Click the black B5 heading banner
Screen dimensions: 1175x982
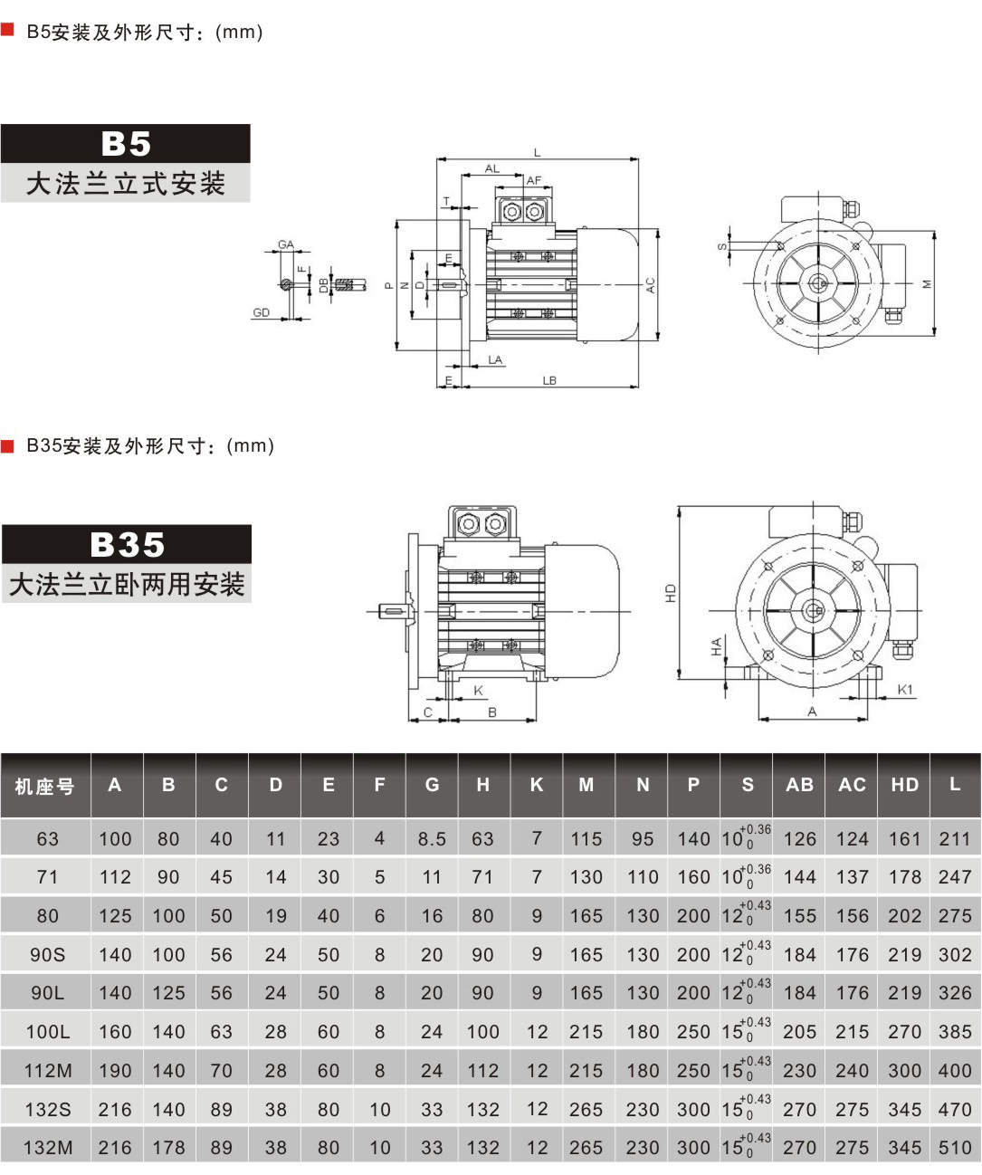125,144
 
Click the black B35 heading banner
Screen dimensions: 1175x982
127,545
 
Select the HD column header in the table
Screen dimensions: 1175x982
904,785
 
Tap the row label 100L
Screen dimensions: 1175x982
47,1032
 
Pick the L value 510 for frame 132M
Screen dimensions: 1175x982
955,1148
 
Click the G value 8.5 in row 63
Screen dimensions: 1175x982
432,839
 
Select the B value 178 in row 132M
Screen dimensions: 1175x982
168,1148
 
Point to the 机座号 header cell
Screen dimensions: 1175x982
44,786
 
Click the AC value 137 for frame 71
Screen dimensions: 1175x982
852,877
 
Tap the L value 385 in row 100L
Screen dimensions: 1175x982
955,1032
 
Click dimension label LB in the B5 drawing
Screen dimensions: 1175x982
549,381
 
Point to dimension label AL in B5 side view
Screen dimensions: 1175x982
491,169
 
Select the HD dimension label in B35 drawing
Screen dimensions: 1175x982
671,594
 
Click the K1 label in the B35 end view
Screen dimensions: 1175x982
905,690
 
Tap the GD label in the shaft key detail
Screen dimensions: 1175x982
262,313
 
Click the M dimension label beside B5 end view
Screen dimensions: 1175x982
927,283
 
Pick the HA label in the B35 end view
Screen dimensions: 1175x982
716,646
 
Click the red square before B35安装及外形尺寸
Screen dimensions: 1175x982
8,445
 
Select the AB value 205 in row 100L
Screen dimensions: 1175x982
799,1032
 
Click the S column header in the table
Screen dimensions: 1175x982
747,785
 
